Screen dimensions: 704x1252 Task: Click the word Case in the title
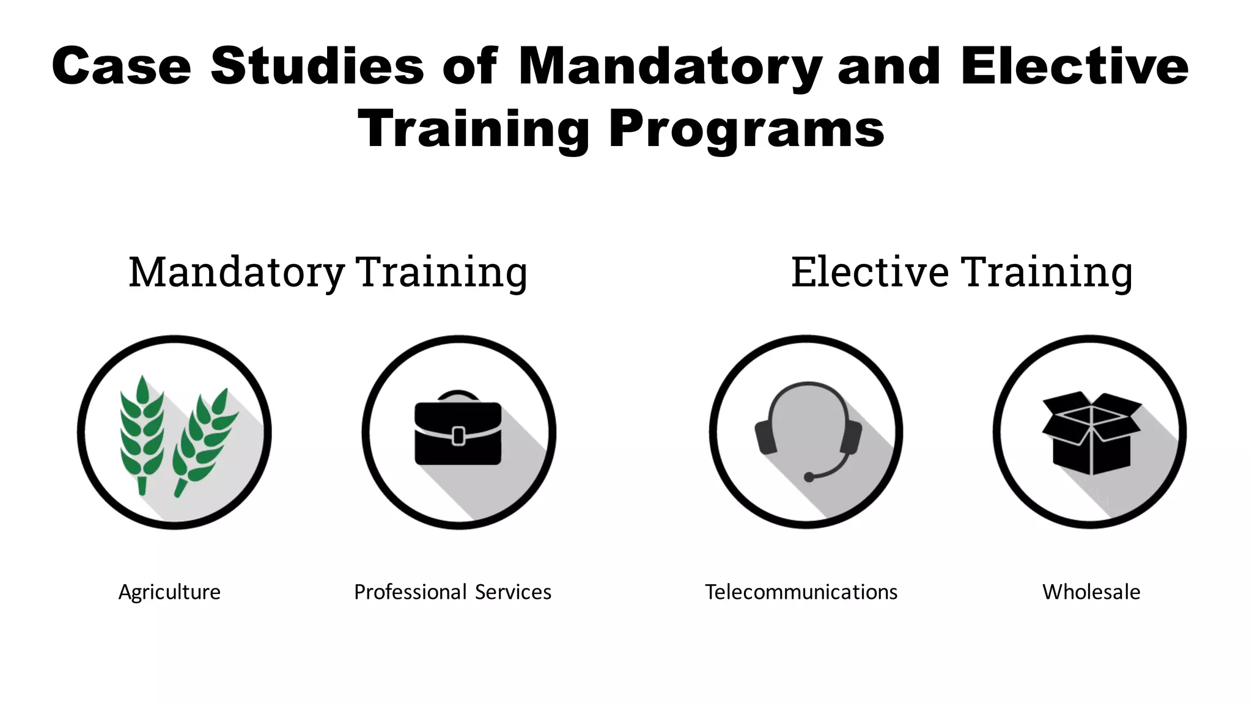tap(121, 66)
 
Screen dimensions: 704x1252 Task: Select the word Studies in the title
tap(317, 66)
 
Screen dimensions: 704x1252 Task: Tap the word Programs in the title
tap(746, 129)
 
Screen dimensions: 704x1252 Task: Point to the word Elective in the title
tap(1075, 66)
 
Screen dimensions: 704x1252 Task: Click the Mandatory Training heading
tap(328, 272)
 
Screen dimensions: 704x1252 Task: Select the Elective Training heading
tap(962, 272)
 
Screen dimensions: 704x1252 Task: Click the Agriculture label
tap(169, 592)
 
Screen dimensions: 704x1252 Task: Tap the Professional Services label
tap(452, 592)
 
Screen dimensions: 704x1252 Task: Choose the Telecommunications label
tap(801, 592)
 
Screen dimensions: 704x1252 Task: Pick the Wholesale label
tap(1091, 592)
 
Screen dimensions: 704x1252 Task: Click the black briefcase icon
tap(458, 433)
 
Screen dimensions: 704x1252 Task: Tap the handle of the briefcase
tap(458, 394)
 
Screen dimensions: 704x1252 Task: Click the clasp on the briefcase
tap(458, 436)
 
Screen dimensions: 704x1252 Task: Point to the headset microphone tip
tap(809, 477)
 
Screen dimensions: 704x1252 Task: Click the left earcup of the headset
tap(765, 436)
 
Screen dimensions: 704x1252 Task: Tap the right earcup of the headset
tap(851, 436)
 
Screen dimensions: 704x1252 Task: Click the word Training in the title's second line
tap(473, 129)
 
